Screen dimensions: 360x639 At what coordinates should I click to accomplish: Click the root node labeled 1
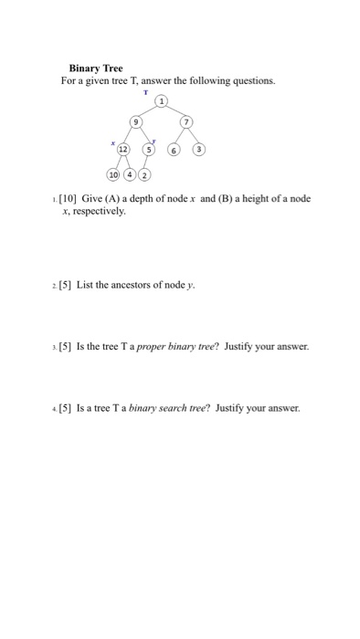[162, 101]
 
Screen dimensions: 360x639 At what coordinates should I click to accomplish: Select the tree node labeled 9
[137, 121]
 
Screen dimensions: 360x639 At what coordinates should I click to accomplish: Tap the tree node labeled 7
[186, 121]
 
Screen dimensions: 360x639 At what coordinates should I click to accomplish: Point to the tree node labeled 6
[174, 150]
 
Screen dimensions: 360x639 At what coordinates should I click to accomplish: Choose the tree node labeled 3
[199, 150]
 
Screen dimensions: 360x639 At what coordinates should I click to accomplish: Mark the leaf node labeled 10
[113, 174]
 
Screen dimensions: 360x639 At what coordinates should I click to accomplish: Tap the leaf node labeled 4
[130, 174]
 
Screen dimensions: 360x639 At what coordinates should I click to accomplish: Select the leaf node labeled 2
[144, 174]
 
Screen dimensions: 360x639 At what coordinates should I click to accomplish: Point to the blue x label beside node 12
[111, 142]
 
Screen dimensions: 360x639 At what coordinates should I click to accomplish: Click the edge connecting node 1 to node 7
[175, 111]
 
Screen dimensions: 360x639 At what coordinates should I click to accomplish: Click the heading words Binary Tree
[96, 68]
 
